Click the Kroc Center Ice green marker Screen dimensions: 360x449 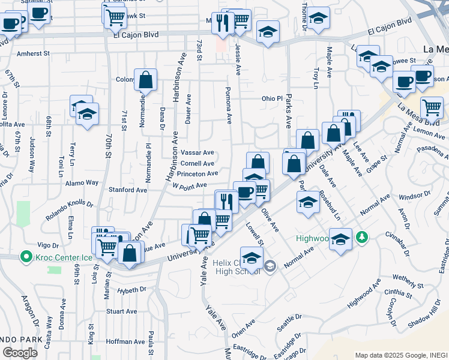coord(25,257)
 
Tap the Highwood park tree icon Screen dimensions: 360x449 coord(361,238)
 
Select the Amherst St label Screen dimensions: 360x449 coord(33,53)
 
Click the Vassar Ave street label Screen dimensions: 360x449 coord(197,153)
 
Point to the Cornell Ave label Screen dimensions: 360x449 coord(197,163)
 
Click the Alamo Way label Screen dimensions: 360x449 coord(83,182)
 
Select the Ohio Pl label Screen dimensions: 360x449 coord(271,98)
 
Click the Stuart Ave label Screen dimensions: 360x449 coord(121,311)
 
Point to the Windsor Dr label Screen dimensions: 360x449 coord(411,196)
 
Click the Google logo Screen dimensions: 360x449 coord(20,352)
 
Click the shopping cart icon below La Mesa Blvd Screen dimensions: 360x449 coord(432,107)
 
